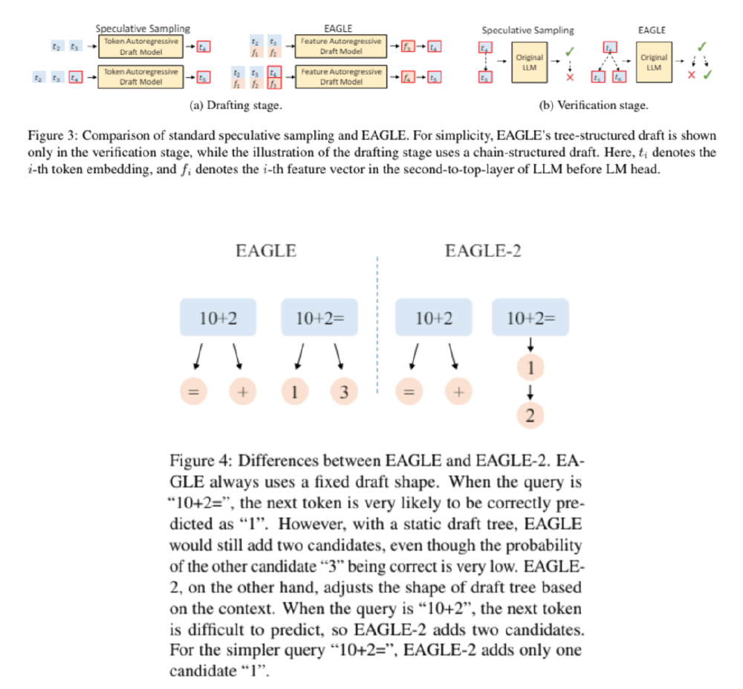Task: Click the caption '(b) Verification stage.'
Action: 593,105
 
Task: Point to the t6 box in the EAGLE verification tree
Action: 620,77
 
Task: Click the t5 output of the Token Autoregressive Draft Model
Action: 204,76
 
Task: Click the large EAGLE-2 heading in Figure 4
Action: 483,251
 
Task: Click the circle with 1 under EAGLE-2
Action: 531,368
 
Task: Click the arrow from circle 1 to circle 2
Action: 531,392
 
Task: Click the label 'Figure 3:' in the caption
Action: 54,137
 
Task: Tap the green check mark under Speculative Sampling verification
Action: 569,50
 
